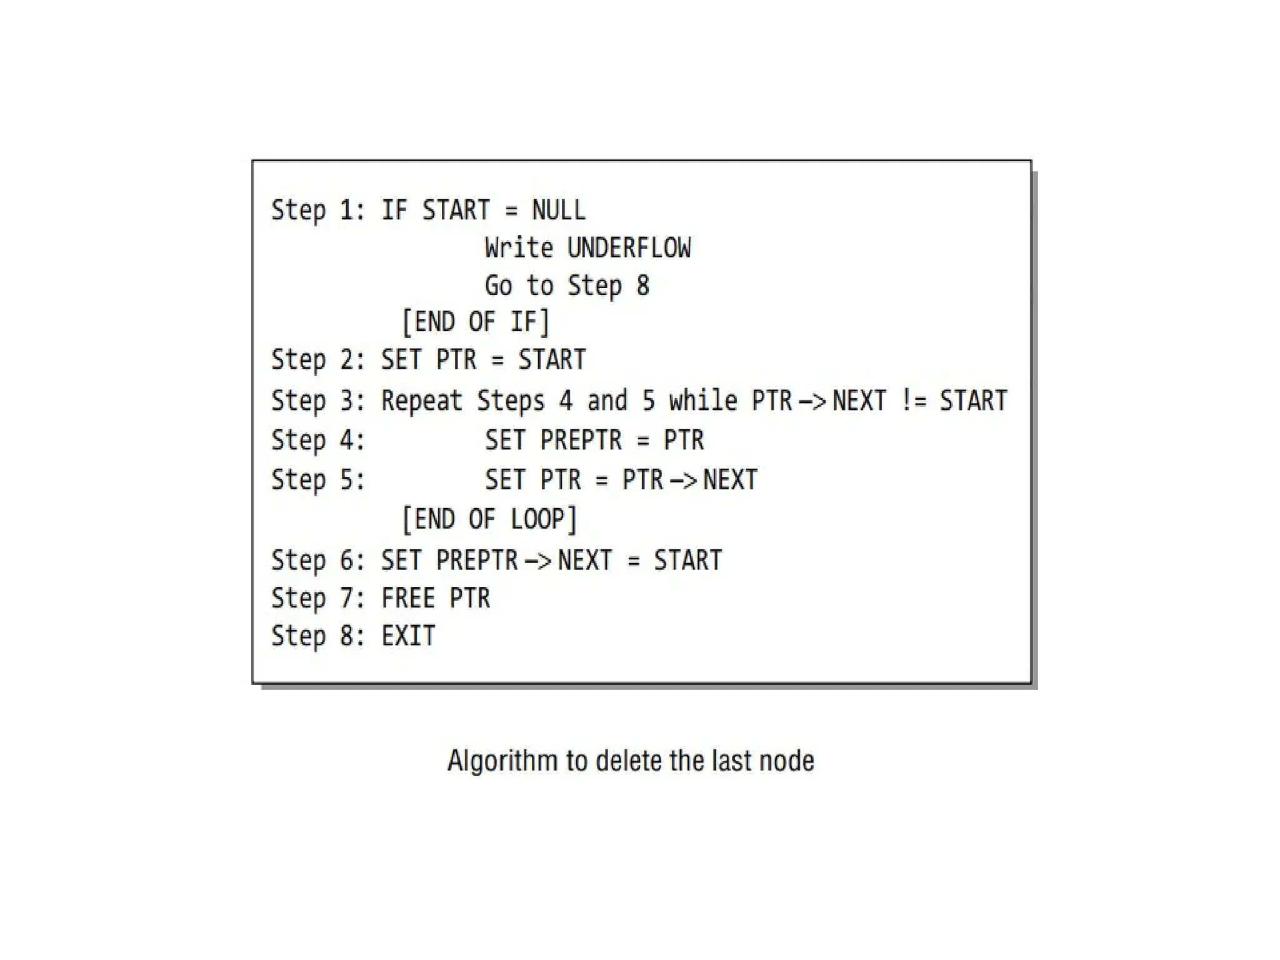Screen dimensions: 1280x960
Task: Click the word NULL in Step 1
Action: click(x=559, y=210)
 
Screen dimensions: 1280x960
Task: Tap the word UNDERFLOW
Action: click(x=629, y=248)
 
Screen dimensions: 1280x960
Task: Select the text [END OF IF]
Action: click(x=476, y=322)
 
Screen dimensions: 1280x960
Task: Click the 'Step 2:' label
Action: click(x=318, y=360)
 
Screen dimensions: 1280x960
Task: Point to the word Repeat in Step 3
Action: click(x=422, y=401)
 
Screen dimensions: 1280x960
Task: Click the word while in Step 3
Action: click(x=703, y=401)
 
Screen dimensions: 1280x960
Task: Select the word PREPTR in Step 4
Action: click(x=581, y=440)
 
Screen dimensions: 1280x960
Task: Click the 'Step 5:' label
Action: click(x=318, y=480)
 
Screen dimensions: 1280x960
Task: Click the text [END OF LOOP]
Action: click(x=489, y=519)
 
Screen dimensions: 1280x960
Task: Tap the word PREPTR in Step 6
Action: click(x=477, y=560)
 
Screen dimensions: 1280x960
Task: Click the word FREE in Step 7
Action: click(x=408, y=598)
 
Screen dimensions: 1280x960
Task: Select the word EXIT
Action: click(x=408, y=636)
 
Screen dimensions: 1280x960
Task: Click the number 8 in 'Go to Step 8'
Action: click(x=643, y=286)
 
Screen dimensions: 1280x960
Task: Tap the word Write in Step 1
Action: click(x=519, y=248)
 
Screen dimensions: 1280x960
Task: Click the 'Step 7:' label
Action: click(x=318, y=598)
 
